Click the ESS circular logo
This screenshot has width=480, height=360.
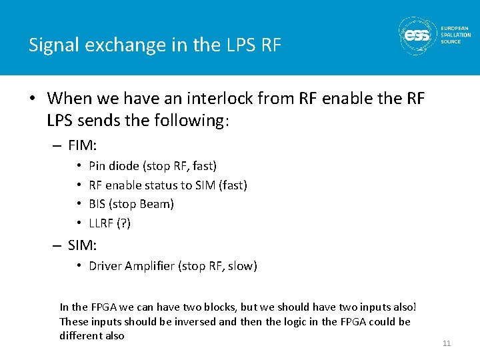[418, 35]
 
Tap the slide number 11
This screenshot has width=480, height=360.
[447, 343]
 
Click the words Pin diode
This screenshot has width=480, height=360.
[114, 165]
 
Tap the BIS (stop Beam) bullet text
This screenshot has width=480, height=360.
[131, 204]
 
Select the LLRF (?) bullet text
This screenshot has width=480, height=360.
[110, 223]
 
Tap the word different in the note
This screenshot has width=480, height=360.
[81, 335]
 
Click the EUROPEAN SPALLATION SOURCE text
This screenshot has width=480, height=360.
[455, 35]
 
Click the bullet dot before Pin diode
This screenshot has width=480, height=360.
[79, 165]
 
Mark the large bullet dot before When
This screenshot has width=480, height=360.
[33, 99]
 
